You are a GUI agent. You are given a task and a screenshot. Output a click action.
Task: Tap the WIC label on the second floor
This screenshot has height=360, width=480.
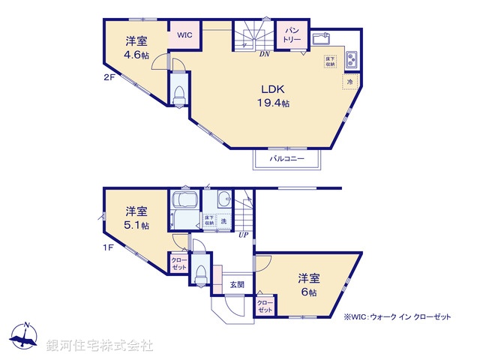pyautogui.click(x=184, y=34)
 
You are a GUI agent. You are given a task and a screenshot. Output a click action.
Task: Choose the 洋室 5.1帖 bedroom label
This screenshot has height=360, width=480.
pyautogui.click(x=136, y=217)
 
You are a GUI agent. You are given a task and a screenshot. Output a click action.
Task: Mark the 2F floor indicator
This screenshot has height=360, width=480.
pyautogui.click(x=109, y=76)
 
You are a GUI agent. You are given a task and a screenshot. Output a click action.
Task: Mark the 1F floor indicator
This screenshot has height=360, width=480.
pyautogui.click(x=109, y=247)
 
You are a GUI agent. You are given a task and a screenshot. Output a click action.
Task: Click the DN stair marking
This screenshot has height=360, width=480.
pyautogui.click(x=264, y=54)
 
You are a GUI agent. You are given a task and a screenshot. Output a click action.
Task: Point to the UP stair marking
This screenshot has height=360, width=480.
pyautogui.click(x=243, y=235)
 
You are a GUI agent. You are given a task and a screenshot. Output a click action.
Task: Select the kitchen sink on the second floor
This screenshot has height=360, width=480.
pyautogui.click(x=322, y=38)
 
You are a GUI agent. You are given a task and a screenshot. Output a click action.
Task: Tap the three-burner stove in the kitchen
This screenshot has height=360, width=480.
pyautogui.click(x=352, y=58)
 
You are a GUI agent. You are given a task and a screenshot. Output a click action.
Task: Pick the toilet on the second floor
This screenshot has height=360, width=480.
pyautogui.click(x=180, y=95)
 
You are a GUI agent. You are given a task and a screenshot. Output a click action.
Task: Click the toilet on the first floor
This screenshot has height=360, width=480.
pyautogui.click(x=199, y=276)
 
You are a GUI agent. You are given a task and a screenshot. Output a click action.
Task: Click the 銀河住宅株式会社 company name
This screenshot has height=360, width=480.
pyautogui.click(x=100, y=345)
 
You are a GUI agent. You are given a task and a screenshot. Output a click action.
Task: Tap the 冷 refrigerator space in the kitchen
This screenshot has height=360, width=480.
pyautogui.click(x=349, y=80)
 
